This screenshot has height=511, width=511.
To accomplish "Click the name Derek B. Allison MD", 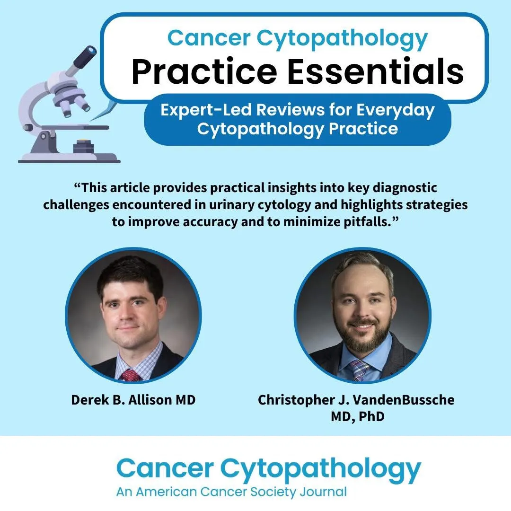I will click(x=133, y=400).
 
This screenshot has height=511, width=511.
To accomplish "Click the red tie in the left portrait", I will click(x=131, y=375).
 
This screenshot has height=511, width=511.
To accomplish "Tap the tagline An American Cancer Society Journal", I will click(x=231, y=491).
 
